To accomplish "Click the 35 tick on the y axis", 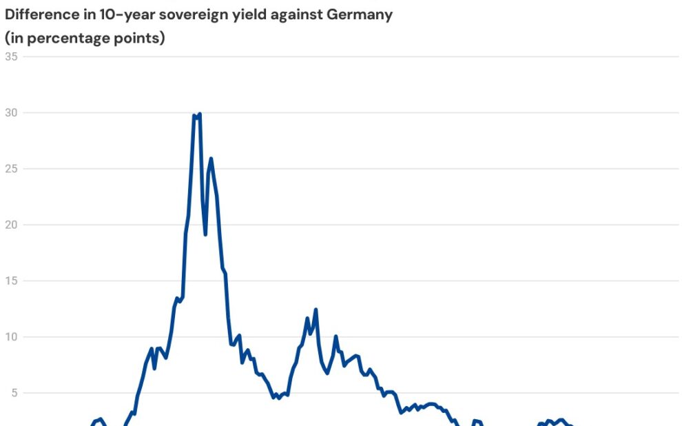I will (x=12, y=57).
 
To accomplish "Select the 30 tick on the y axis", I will (x=12, y=112).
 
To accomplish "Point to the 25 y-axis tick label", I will (x=12, y=169).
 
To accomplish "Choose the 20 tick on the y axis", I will (x=12, y=225).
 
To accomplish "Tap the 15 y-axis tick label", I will (x=12, y=281).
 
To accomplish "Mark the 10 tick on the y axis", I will (x=12, y=337).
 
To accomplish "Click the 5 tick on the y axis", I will (x=14, y=393).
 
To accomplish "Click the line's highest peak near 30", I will (x=199, y=114).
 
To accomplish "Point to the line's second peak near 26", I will (x=211, y=159).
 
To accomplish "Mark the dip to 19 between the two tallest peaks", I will (x=205, y=234).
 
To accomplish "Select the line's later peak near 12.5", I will (x=316, y=310).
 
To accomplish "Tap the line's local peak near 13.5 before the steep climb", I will (x=177, y=298).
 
